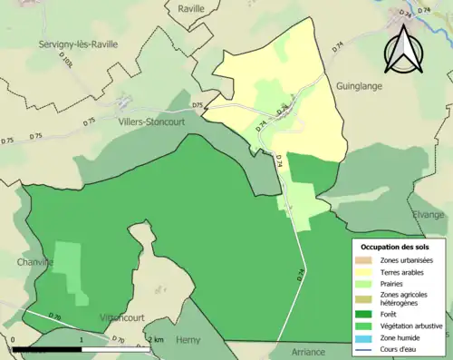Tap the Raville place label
192,8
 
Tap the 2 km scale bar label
157,339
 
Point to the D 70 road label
118,341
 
